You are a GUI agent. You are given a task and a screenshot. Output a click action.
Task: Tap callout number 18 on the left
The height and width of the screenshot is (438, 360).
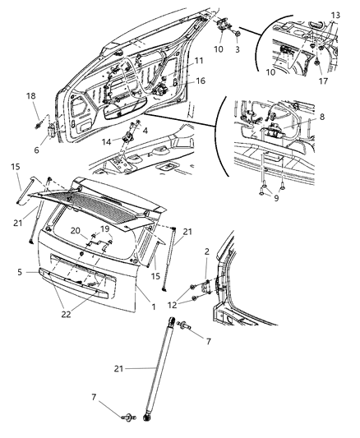(31, 97)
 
